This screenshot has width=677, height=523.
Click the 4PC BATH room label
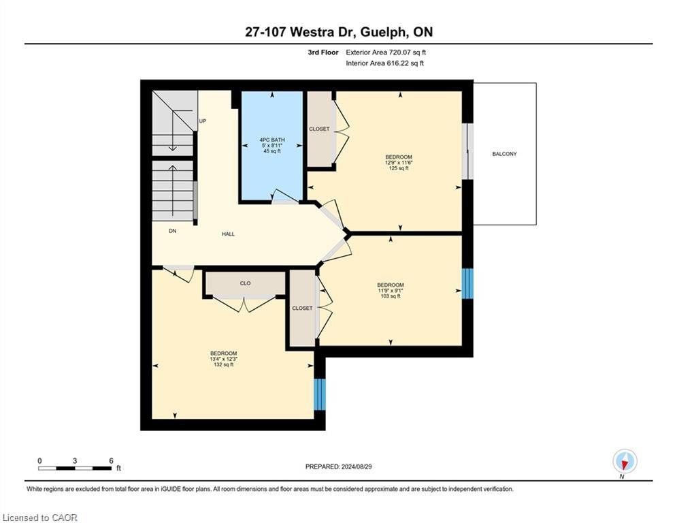272,140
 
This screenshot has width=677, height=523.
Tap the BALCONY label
504,154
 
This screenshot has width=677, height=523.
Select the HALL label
229,234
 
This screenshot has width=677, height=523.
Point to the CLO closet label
245,283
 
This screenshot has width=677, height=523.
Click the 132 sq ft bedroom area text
224,364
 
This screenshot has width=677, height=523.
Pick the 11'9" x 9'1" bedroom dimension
391,291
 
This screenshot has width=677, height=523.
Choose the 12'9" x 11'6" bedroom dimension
399,163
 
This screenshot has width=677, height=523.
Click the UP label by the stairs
203,121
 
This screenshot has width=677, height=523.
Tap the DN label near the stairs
173,231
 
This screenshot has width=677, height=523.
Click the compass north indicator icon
625,462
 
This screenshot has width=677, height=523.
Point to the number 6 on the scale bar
111,461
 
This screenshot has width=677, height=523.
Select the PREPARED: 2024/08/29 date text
339,466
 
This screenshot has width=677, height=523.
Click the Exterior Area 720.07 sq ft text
386,52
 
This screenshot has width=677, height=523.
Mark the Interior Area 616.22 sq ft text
384,63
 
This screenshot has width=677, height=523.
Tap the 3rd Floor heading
323,52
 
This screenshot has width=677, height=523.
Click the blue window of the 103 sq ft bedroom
467,283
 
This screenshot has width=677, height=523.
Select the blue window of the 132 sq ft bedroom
320,394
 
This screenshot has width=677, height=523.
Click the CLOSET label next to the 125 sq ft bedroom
319,129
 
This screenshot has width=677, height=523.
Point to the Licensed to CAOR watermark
40,518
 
